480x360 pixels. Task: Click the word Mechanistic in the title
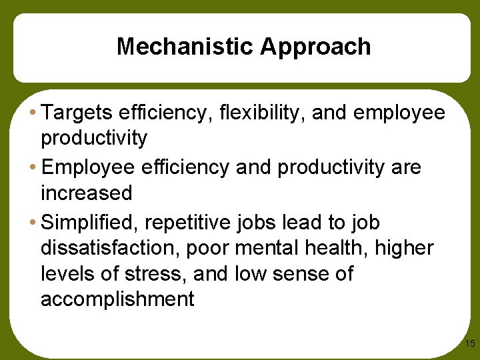pos(185,47)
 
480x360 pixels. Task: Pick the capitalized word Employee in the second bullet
pos(90,167)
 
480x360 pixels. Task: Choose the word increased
pos(87,193)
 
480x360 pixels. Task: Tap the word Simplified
pos(91,222)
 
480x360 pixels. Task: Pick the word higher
pos(405,249)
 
